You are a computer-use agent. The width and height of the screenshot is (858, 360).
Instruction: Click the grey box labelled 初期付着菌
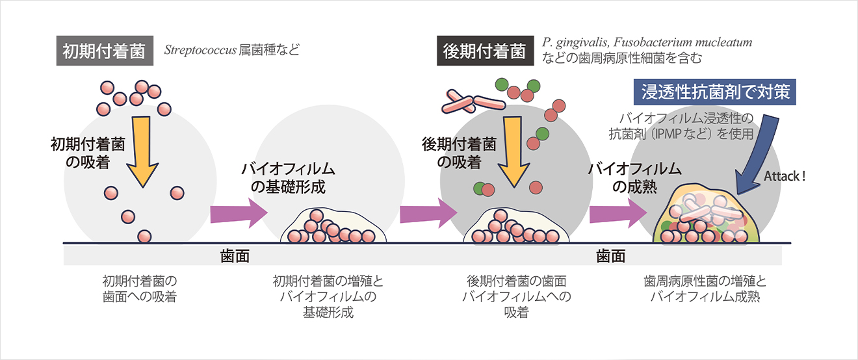coord(104,51)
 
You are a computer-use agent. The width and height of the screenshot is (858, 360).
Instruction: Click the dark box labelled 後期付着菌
coord(484,51)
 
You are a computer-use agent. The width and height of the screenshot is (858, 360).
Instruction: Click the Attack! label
coord(785,175)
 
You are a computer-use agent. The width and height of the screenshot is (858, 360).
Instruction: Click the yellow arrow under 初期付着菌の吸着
coord(141,153)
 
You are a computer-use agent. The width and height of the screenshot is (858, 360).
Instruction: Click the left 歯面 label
coord(235,256)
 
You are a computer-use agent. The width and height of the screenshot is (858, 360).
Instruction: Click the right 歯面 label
coord(610,256)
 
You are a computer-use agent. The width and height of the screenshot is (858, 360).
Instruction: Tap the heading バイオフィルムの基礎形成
coord(288,178)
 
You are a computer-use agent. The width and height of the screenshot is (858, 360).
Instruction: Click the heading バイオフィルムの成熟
coord(634,178)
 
